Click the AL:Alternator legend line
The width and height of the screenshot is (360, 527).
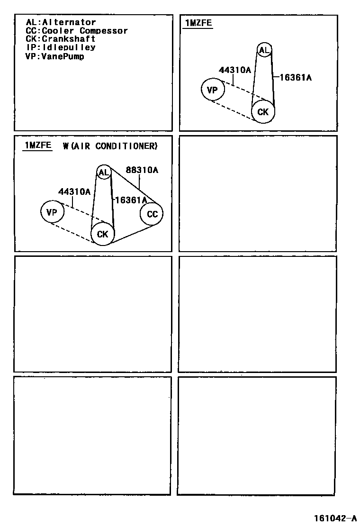click(61, 22)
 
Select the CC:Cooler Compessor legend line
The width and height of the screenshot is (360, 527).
click(77, 31)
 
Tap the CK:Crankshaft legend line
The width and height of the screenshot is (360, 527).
click(61, 39)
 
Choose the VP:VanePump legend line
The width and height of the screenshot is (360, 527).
click(54, 56)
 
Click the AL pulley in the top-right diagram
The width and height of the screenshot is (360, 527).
click(264, 50)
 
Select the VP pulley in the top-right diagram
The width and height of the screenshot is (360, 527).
click(213, 90)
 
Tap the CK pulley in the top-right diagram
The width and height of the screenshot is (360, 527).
click(262, 112)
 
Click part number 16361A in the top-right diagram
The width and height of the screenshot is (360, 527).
click(296, 78)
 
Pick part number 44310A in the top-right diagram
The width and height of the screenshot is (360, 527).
click(234, 70)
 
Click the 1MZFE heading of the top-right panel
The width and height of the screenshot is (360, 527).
click(198, 23)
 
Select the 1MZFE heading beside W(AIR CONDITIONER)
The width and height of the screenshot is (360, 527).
click(38, 145)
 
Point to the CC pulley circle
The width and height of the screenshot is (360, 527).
click(152, 214)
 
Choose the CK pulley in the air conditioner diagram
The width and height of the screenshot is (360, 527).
click(102, 234)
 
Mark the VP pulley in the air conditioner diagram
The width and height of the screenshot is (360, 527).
click(52, 212)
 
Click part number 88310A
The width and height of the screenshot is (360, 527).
click(142, 170)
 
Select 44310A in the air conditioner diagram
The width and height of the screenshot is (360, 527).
click(74, 192)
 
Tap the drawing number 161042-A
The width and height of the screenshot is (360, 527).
click(334, 518)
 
